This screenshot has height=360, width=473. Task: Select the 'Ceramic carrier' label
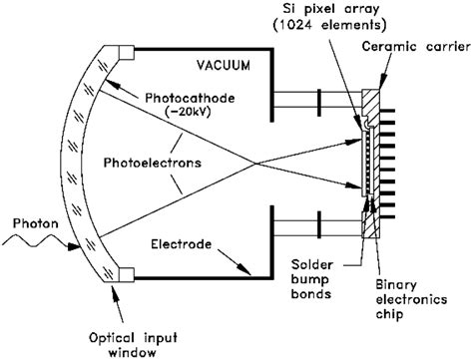coord(412,46)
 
